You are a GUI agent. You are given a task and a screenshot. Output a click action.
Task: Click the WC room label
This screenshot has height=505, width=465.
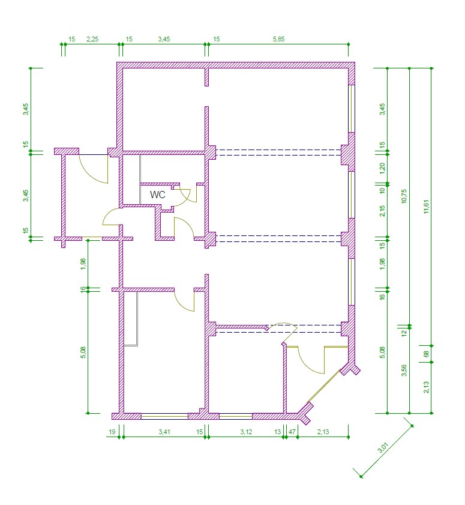pyautogui.click(x=157, y=195)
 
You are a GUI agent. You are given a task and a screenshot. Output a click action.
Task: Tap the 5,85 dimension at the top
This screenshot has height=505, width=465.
pyautogui.click(x=278, y=39)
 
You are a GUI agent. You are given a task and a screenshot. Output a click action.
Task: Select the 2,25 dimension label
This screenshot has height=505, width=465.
pyautogui.click(x=92, y=39)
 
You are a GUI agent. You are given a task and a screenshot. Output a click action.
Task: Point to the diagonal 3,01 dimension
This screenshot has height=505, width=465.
pyautogui.click(x=383, y=448)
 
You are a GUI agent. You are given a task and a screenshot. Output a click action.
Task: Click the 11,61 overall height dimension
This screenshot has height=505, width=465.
pyautogui.click(x=426, y=207)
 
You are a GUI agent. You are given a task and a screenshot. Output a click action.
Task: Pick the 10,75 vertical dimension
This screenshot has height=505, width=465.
pyautogui.click(x=404, y=196)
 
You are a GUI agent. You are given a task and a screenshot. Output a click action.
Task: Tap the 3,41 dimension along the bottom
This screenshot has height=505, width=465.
pyautogui.click(x=164, y=432)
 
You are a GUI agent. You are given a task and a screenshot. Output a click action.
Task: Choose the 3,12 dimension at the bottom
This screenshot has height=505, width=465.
pyautogui.click(x=246, y=432)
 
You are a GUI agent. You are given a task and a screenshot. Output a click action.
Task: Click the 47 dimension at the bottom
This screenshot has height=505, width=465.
pyautogui.click(x=292, y=432)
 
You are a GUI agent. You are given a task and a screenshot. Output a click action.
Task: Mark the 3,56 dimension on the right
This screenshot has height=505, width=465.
pyautogui.click(x=404, y=370)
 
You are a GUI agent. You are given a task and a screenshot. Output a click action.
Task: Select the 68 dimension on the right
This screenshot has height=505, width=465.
pyautogui.click(x=426, y=354)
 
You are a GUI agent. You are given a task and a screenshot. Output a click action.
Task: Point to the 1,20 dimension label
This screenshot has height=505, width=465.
pyautogui.click(x=382, y=168)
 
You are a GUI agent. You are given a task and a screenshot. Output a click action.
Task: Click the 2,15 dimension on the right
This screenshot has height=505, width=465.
pyautogui.click(x=382, y=211)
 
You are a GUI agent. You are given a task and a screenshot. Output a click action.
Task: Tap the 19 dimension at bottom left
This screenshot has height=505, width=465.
pyautogui.click(x=112, y=432)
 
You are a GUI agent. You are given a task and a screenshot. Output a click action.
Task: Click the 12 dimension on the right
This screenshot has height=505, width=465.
pyautogui.click(x=404, y=333)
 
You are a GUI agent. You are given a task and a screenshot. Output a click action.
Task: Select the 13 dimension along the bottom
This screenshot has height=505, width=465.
pyautogui.click(x=277, y=432)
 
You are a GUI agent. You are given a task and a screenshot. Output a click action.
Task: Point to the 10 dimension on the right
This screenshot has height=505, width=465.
pyautogui.click(x=382, y=190)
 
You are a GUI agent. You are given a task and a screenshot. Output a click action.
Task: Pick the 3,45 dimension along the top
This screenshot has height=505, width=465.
pyautogui.click(x=164, y=39)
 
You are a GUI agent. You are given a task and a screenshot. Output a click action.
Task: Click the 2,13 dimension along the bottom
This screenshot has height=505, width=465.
pyautogui.click(x=323, y=432)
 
